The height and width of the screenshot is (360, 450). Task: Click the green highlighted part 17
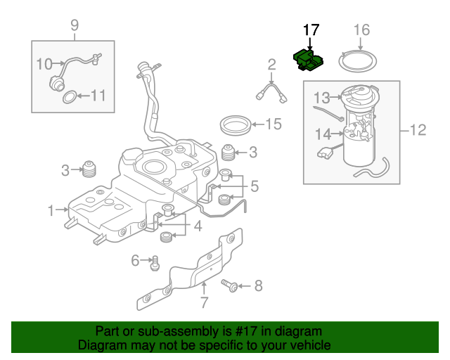click(x=307, y=60)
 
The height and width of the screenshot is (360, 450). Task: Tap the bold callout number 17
click(x=311, y=30)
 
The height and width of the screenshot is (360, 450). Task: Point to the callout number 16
click(x=361, y=30)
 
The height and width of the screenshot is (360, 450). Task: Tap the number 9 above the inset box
click(x=75, y=27)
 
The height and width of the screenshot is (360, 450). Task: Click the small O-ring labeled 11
click(x=70, y=96)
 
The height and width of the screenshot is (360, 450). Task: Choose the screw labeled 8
click(x=229, y=285)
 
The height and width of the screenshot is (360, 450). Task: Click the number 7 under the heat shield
click(x=204, y=303)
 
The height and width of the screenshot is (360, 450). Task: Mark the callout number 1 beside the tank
click(x=51, y=210)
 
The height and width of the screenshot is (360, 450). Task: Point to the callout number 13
click(x=321, y=96)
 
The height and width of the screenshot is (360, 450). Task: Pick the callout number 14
click(x=322, y=134)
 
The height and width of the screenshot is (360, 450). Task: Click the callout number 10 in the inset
click(x=44, y=64)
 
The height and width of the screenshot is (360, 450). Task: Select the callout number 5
click(x=254, y=186)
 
